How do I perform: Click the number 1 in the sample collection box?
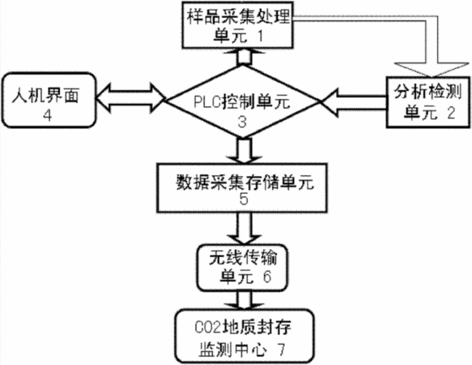click(x=260, y=36)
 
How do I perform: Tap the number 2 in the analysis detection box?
click(x=451, y=114)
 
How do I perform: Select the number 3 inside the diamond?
click(x=242, y=122)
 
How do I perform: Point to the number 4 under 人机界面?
click(x=48, y=115)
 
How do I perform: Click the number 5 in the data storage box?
click(x=243, y=199)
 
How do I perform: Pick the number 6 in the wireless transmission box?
click(x=267, y=277)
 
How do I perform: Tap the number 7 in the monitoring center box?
click(x=281, y=350)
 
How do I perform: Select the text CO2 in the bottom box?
click(x=208, y=328)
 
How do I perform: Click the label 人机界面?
click(x=45, y=96)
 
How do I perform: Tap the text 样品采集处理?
click(x=238, y=17)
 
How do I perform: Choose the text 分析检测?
click(x=427, y=92)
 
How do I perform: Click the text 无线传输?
click(x=243, y=258)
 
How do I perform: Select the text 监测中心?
click(x=232, y=350)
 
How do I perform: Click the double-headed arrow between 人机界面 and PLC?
click(x=130, y=98)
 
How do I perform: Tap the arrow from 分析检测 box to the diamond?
click(x=353, y=103)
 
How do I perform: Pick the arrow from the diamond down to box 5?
click(x=244, y=150)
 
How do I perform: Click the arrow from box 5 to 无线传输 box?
click(x=244, y=228)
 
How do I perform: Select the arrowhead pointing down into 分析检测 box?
click(x=432, y=70)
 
